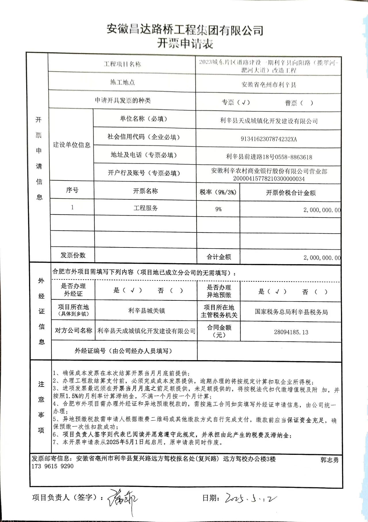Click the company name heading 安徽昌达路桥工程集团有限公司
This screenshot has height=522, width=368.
pyautogui.click(x=185, y=30)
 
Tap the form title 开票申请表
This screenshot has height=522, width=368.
pyautogui.click(x=185, y=44)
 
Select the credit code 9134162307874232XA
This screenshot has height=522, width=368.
pyautogui.click(x=269, y=139)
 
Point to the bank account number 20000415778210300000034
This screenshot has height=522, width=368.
pyautogui.click(x=269, y=179)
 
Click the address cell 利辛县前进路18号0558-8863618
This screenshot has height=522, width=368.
pyautogui.click(x=269, y=157)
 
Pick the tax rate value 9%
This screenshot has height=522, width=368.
pyautogui.click(x=218, y=209)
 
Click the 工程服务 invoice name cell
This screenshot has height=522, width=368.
pyautogui.click(x=145, y=208)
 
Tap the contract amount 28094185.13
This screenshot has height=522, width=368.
pyautogui.click(x=291, y=332)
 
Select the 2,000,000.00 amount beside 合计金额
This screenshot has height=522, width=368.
pyautogui.click(x=322, y=258)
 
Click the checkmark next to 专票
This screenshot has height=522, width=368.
pyautogui.click(x=244, y=102)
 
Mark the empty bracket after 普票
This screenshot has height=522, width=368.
pyautogui.click(x=306, y=103)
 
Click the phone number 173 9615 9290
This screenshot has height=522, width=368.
pyautogui.click(x=53, y=466)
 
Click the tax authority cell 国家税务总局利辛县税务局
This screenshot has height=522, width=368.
pyautogui.click(x=291, y=312)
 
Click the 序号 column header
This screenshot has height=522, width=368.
pyautogui.click(x=72, y=190)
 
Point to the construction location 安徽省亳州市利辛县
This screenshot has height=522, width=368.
pyautogui.click(x=269, y=85)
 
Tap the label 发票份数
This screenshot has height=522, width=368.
pyautogui.click(x=73, y=255)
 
